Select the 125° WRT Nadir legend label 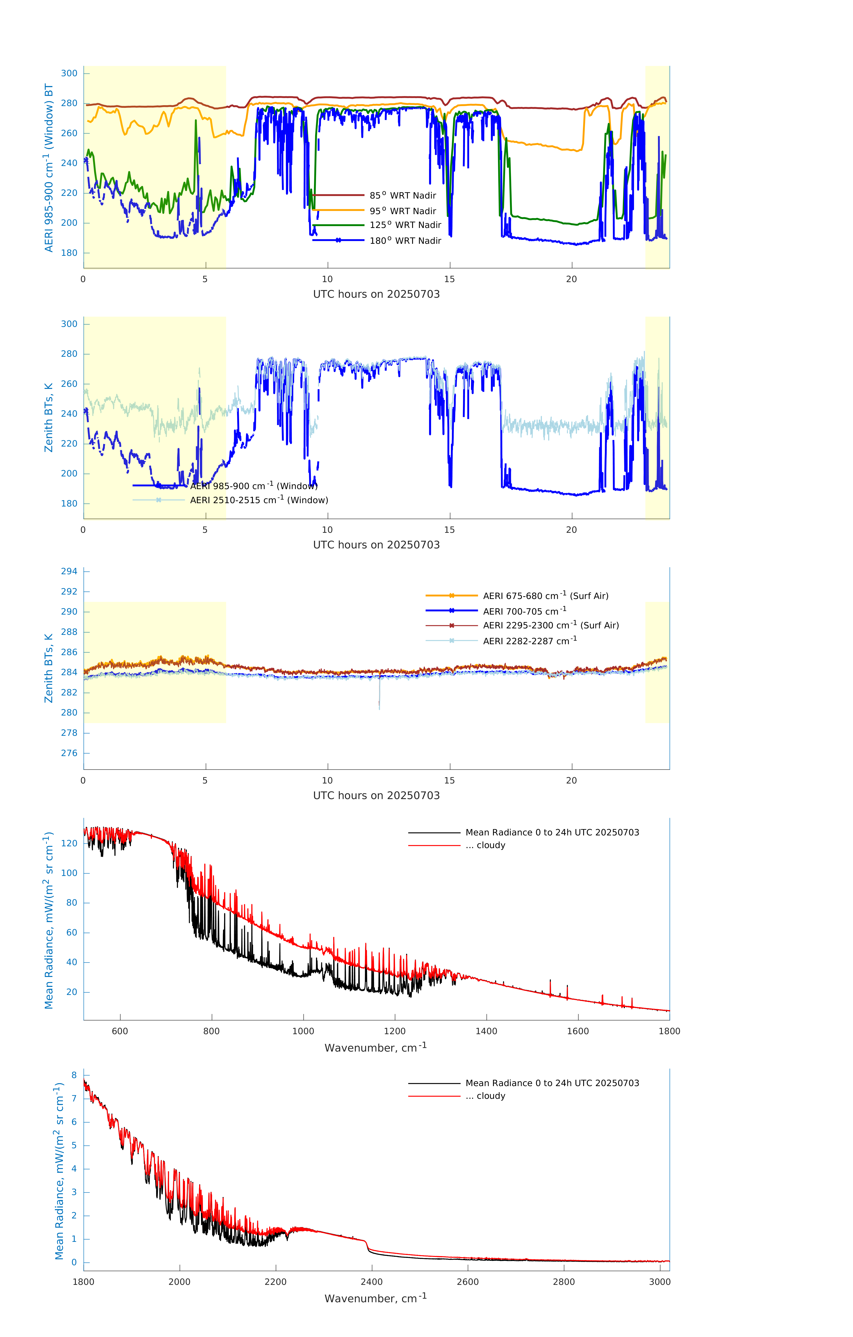click(405, 225)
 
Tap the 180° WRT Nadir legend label click(405, 240)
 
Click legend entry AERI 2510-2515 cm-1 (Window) click(259, 500)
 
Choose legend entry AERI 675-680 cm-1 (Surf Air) click(545, 596)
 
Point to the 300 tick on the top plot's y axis click(69, 73)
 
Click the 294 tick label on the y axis click(69, 571)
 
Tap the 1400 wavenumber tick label click(486, 1031)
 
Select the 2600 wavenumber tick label click(468, 1282)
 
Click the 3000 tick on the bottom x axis click(660, 1282)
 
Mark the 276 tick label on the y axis click(69, 753)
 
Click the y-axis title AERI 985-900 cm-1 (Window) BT click(49, 168)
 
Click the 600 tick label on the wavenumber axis click(120, 1031)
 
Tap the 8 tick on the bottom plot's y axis click(74, 1075)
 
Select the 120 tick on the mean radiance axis click(69, 843)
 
